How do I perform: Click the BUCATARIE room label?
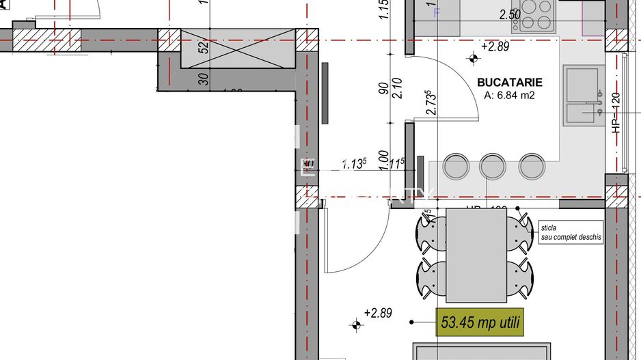tap(509, 83)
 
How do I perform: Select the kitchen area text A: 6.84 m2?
tap(509, 96)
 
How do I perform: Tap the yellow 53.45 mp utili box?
tap(480, 321)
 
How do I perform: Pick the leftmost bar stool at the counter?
tap(456, 166)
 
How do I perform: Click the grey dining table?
tap(476, 255)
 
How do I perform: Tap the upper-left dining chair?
tap(432, 234)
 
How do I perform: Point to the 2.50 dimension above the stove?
tap(509, 14)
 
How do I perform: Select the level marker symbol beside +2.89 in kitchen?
tap(472, 58)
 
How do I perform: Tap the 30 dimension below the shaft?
tap(203, 79)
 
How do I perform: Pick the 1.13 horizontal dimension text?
tap(355, 164)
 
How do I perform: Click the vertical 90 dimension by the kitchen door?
tap(385, 87)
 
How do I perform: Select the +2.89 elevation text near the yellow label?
tap(378, 313)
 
